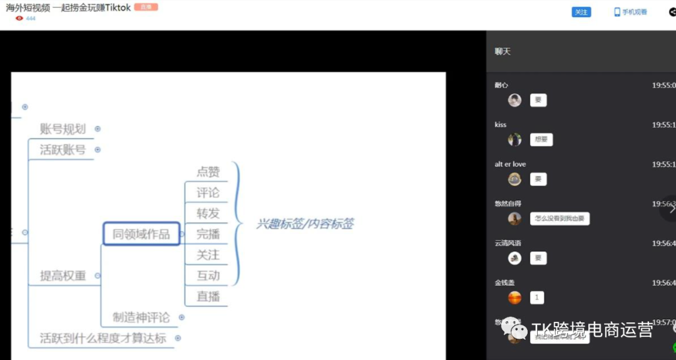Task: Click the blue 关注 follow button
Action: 581,12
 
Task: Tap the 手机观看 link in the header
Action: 631,12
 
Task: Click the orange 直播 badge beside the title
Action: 146,8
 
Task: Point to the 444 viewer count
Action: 31,19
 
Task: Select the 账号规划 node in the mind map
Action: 63,129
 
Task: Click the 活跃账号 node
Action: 63,150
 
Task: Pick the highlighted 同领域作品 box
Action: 141,234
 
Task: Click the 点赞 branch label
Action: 208,172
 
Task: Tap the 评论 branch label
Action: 208,192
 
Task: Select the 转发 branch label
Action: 208,213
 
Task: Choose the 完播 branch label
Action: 208,234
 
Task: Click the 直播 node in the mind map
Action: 208,296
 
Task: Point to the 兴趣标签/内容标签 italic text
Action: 305,223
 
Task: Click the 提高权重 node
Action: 63,275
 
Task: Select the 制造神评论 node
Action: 141,317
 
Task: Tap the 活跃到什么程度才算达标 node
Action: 103,338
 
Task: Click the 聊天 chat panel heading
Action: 503,51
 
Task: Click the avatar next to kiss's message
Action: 515,140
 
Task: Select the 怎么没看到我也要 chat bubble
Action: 560,219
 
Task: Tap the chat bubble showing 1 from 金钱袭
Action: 536,298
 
